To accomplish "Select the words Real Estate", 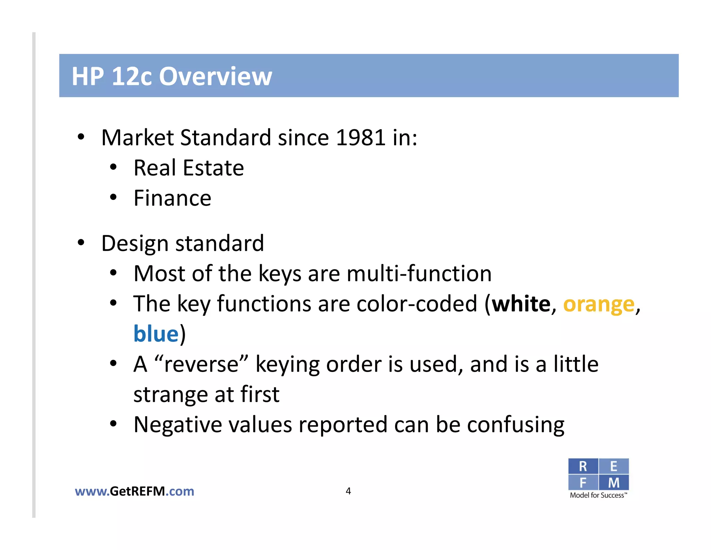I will (x=189, y=168).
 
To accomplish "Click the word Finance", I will (x=172, y=199).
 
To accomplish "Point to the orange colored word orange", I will (x=599, y=305).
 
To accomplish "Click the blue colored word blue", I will (x=156, y=334).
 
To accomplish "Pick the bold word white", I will (x=521, y=304).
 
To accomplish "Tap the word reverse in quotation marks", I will (x=201, y=365).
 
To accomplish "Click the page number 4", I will (x=348, y=491).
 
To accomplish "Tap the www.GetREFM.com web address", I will (x=134, y=491).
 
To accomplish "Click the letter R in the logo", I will (x=583, y=467).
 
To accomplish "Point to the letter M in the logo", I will (x=613, y=483).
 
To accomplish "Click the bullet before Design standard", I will (x=81, y=243).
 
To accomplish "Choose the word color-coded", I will (x=417, y=304).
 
